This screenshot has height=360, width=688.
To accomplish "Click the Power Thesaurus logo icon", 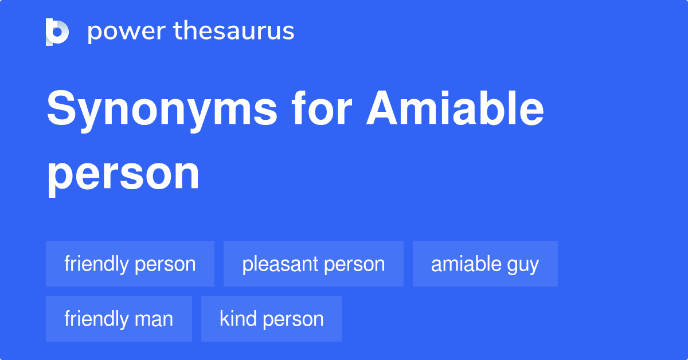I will pos(57,32).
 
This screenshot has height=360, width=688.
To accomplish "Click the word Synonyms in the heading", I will pos(162,110).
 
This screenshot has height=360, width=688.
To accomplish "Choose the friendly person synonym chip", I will pos(130,264).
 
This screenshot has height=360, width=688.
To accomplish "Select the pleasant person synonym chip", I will pos(314,264).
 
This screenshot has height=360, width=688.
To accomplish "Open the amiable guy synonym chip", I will pos(485,264).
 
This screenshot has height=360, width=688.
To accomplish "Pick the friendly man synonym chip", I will pos(119,319).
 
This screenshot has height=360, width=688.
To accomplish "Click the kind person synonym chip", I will pos(272,319).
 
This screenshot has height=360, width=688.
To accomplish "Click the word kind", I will pos(237,319).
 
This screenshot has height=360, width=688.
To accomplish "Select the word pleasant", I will pos(279,264).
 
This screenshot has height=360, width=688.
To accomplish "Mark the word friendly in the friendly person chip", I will pos(96,264).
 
